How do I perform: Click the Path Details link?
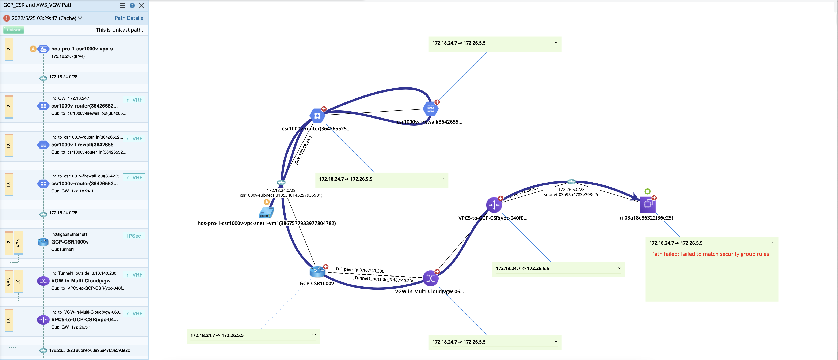pos(129,18)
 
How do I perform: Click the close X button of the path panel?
pos(141,5)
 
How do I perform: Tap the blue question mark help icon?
pos(132,5)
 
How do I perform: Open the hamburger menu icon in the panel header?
pos(122,5)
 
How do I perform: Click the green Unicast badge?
pos(14,30)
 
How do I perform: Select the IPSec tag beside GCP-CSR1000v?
pos(134,236)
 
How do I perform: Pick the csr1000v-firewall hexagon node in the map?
pos(430,109)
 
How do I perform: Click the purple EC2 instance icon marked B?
pos(647,205)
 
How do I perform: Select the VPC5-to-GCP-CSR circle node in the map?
pos(494,205)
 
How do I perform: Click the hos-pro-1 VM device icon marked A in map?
pos(266,213)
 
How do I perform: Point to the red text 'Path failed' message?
pos(710,254)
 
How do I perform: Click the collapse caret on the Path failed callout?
pos(773,243)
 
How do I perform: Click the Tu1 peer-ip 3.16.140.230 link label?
pos(360,270)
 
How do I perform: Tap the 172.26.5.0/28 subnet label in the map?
pos(571,190)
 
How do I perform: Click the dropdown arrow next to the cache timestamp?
pos(80,18)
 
